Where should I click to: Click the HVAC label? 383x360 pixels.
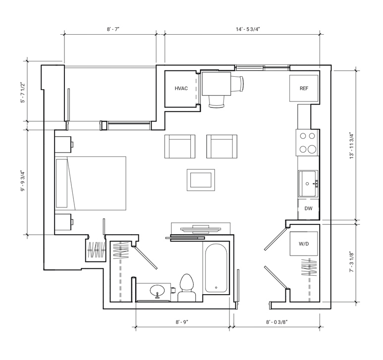click(181, 88)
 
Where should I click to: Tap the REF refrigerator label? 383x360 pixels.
click(304, 88)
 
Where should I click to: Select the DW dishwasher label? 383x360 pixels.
click(309, 208)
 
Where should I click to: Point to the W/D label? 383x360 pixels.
click(304, 244)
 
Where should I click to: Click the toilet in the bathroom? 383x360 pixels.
click(187, 288)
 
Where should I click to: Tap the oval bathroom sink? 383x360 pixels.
click(157, 291)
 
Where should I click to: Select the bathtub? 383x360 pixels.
click(216, 268)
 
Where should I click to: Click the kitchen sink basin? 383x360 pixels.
click(308, 184)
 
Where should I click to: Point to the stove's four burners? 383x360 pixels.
click(308, 142)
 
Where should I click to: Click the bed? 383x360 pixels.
click(90, 183)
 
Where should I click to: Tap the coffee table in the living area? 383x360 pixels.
click(201, 180)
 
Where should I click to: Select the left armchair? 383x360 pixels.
click(180, 147)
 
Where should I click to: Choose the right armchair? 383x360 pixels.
click(222, 147)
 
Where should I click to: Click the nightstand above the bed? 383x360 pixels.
click(63, 145)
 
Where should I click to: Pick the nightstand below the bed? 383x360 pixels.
click(63, 222)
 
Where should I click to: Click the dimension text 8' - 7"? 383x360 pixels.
click(113, 29)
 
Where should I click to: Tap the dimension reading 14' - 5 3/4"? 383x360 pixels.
click(248, 29)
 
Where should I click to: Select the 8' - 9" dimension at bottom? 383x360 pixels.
click(182, 322)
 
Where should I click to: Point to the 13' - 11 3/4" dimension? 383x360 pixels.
click(352, 146)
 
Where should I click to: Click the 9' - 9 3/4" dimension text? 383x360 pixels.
click(23, 181)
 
